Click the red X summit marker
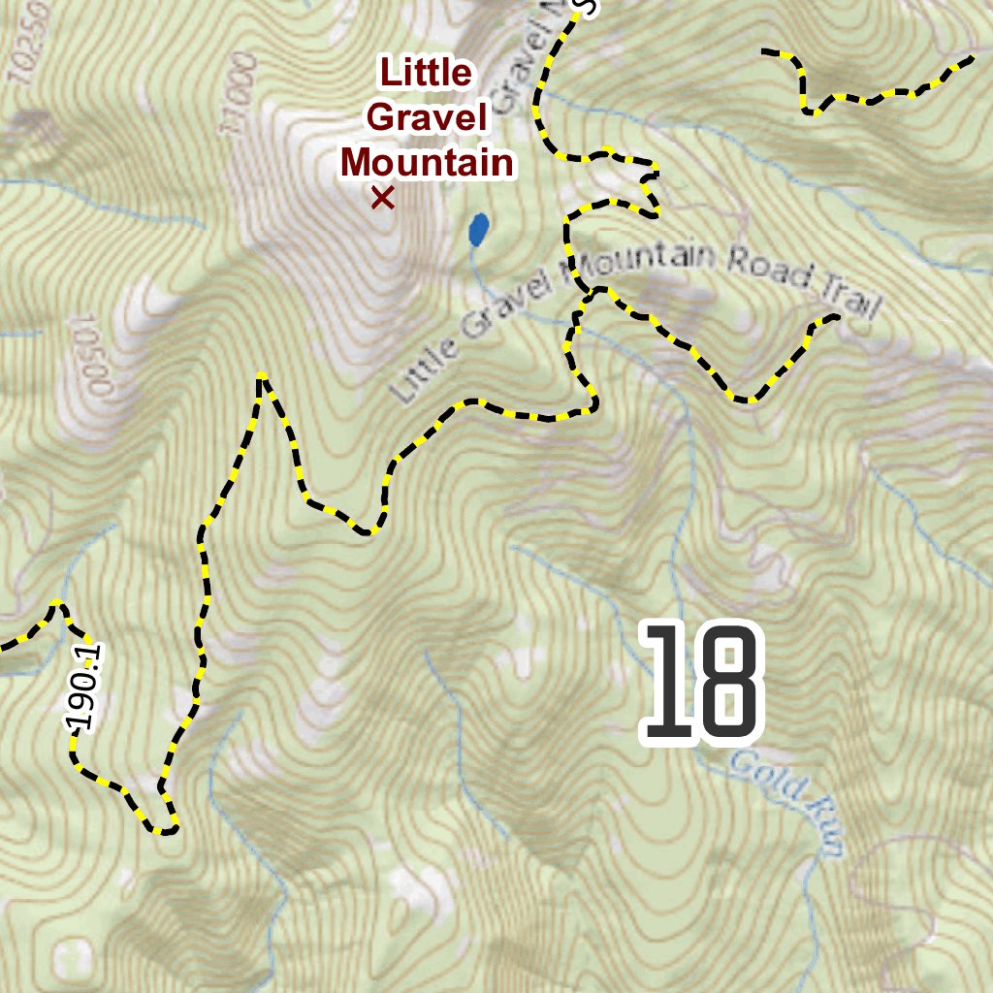click(x=382, y=199)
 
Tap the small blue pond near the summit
click(x=478, y=230)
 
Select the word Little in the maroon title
click(x=426, y=73)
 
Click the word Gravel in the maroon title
click(x=426, y=117)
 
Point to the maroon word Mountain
click(x=427, y=162)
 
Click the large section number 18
click(x=701, y=686)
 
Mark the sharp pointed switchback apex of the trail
click(x=261, y=376)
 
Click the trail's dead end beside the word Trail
click(x=835, y=317)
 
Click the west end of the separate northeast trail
click(x=766, y=51)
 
